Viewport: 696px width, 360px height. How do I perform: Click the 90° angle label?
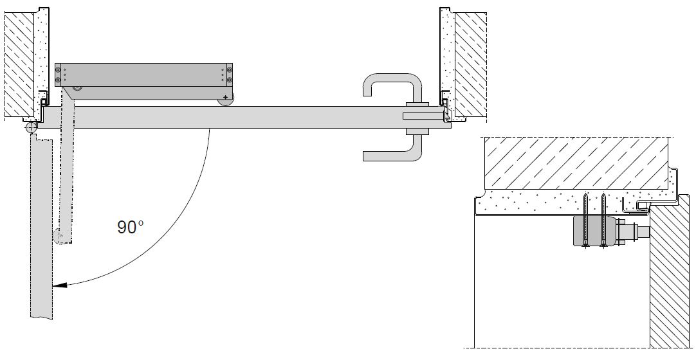(131, 227)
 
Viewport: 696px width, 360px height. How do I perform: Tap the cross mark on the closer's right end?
(226, 97)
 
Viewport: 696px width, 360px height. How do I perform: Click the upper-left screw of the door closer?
(58, 69)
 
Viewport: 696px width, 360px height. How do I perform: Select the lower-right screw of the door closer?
(229, 80)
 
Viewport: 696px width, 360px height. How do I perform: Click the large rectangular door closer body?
(144, 75)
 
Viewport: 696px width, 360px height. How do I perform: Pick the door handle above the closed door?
(393, 88)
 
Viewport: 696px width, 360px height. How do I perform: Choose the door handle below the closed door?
(392, 148)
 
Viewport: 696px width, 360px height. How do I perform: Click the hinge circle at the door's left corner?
(31, 128)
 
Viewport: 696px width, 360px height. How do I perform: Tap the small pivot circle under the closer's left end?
(78, 88)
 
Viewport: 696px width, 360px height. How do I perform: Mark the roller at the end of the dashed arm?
(58, 237)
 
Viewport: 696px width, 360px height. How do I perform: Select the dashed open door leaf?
(41, 229)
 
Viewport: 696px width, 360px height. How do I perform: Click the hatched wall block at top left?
(19, 65)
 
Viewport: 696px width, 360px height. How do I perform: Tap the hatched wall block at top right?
(470, 66)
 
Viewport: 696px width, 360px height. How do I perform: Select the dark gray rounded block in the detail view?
(594, 231)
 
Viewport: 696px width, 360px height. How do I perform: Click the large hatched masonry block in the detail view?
(576, 163)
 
